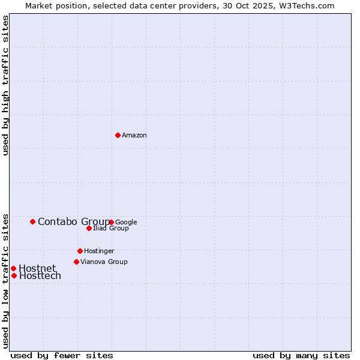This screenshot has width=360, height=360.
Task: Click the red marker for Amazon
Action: (118, 135)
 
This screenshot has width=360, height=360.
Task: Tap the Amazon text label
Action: (134, 136)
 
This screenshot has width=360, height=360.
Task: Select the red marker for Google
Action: (112, 222)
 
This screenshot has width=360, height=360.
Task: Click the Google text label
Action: (127, 222)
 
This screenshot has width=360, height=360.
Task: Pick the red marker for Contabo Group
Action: (32, 221)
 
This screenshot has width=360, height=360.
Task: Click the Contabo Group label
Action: (73, 222)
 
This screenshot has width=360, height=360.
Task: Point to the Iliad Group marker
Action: (89, 228)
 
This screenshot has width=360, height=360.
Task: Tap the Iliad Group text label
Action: (111, 229)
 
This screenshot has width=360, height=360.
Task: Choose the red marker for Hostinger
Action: (80, 251)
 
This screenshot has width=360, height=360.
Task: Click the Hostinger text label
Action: (99, 251)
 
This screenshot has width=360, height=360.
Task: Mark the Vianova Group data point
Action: (76, 262)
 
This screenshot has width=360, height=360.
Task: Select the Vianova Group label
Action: (104, 262)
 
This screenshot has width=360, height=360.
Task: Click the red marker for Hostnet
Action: (13, 268)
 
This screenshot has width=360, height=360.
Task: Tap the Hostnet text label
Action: (37, 268)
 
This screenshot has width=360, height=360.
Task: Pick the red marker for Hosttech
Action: (14, 275)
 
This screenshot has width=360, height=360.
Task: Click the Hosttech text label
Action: (40, 276)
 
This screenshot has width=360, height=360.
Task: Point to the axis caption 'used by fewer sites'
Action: (62, 355)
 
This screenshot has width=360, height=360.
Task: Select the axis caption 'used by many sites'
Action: (301, 355)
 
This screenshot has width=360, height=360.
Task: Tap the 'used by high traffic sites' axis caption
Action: (6, 85)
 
